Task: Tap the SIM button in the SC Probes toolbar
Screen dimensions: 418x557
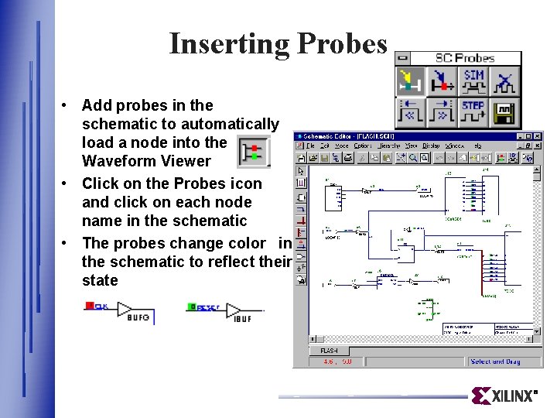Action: coord(473,80)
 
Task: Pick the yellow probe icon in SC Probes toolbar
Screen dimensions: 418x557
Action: coord(411,81)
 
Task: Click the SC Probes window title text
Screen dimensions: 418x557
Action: coord(464,58)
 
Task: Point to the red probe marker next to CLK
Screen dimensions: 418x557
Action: coord(90,306)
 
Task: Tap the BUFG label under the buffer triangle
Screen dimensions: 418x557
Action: coord(138,317)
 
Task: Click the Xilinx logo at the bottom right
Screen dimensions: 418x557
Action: coord(504,396)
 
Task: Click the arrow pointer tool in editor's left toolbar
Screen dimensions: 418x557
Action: coord(300,170)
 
